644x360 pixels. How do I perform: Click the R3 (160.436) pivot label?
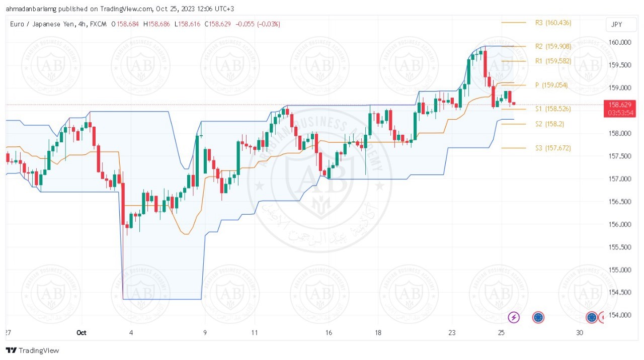pos(553,23)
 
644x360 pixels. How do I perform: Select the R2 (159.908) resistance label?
pos(553,46)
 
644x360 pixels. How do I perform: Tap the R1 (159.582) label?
pos(553,61)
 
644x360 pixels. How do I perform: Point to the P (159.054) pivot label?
pos(551,85)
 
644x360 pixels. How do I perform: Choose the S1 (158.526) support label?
pos(553,109)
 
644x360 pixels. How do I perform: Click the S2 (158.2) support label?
pos(549,124)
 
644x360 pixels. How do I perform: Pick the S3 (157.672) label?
pos(553,148)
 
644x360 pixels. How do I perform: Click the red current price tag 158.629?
pos(619,108)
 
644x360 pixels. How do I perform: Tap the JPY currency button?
pos(616,25)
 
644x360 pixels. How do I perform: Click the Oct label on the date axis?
pos(82,332)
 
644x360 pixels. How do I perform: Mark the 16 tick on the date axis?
pos(329,332)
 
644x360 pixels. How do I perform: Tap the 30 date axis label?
pos(580,332)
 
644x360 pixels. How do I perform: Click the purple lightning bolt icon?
pos(514,317)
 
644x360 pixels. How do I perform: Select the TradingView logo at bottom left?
pos(32,350)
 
